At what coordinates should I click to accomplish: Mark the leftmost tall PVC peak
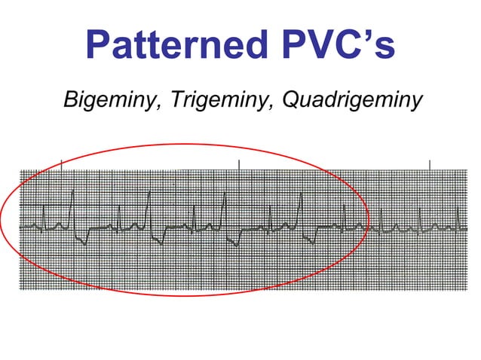pos(73,193)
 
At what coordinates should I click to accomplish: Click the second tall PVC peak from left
pos(149,193)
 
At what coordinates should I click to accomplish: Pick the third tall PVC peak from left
pos(225,194)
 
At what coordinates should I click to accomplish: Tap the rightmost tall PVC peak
pos(301,194)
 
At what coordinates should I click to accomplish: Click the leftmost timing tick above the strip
pos(60,164)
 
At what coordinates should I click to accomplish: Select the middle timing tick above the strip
pos(239,164)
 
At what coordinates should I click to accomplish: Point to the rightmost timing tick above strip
pos(429,164)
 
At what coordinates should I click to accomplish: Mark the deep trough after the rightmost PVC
pos(311,243)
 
